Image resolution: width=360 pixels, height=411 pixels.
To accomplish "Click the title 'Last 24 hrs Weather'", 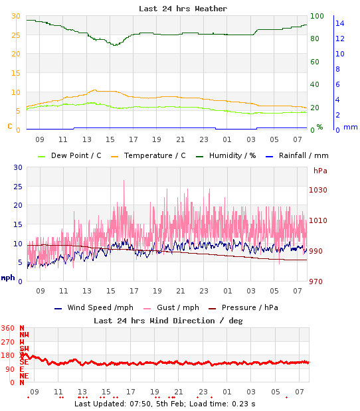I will [x=183, y=9].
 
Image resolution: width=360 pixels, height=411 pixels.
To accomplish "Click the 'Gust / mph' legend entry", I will [x=172, y=307].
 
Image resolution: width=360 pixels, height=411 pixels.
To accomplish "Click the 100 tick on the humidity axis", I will [x=317, y=16].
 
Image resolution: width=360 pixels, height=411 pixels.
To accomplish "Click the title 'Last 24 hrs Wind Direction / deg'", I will [x=168, y=320].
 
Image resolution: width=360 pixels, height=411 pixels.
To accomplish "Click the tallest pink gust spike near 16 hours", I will [x=124, y=181].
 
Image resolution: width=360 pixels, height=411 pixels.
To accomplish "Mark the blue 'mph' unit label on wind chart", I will [x=8, y=278].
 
